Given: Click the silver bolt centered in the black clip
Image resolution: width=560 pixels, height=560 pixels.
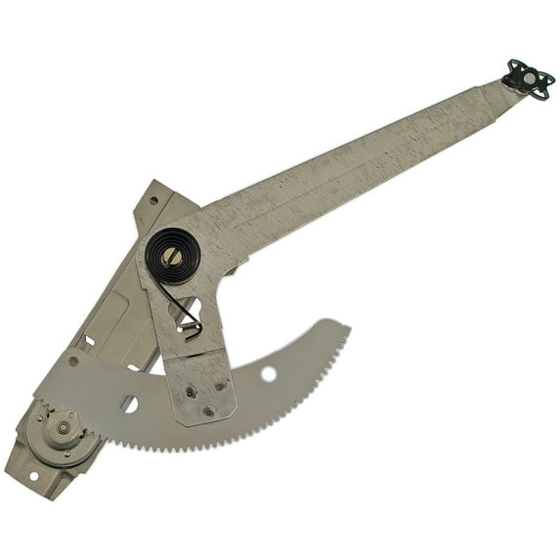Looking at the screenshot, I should [527, 77].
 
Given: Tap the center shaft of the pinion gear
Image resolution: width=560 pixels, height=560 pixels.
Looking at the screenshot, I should [64, 427].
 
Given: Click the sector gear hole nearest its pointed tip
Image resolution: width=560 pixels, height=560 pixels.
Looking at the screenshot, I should [269, 373].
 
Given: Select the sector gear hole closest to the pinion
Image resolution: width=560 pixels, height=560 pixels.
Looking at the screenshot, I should [129, 402].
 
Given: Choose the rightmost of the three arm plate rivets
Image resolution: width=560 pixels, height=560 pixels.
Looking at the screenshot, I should [221, 387].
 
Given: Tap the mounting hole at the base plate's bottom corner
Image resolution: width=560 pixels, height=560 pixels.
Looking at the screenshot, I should [31, 476].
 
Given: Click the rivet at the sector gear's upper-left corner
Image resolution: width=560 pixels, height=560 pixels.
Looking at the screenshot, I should [73, 361].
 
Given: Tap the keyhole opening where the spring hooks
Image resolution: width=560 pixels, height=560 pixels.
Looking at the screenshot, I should [186, 313].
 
